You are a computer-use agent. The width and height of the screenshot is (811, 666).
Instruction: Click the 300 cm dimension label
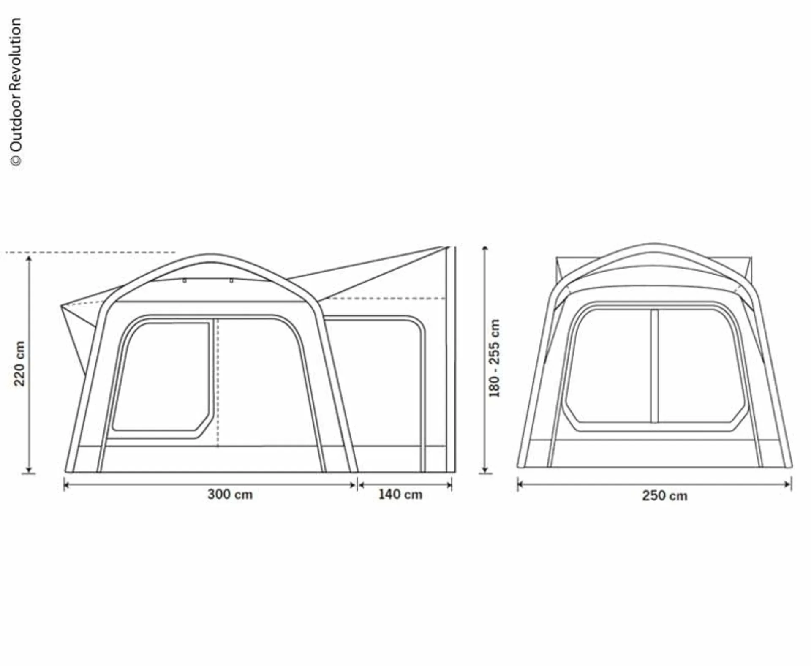click(x=230, y=494)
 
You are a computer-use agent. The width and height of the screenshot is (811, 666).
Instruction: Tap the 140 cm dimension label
click(x=400, y=494)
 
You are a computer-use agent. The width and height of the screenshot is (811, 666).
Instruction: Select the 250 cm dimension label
click(x=665, y=495)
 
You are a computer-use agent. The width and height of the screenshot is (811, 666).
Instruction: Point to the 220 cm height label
click(x=20, y=364)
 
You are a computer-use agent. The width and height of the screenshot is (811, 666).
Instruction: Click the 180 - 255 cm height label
click(x=494, y=358)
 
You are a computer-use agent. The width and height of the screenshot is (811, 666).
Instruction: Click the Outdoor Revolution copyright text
click(x=16, y=92)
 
